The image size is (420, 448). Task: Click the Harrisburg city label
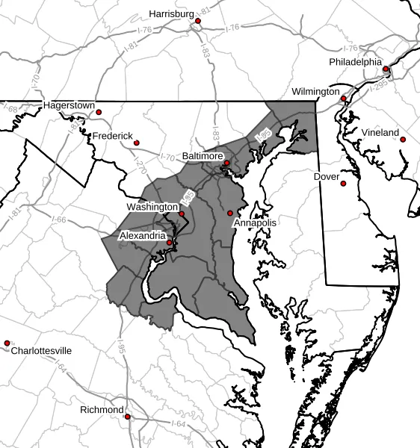(x=171, y=13)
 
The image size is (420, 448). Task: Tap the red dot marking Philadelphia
(x=386, y=69)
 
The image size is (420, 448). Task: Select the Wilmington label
(x=315, y=91)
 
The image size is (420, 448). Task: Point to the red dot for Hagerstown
(x=99, y=113)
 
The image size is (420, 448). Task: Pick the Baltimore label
(x=203, y=157)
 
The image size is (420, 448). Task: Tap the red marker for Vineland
(x=402, y=140)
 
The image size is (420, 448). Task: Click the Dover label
(x=327, y=177)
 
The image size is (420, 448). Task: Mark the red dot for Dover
(x=344, y=184)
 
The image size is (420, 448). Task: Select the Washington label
(x=152, y=207)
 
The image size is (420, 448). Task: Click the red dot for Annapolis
(x=230, y=214)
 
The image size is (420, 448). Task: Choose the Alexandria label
(x=143, y=235)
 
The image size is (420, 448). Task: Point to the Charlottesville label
(x=41, y=350)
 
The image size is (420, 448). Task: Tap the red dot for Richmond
(x=128, y=417)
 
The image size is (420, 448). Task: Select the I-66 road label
(x=61, y=220)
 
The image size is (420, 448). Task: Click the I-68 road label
(x=11, y=110)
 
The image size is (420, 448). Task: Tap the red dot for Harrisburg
(x=198, y=21)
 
